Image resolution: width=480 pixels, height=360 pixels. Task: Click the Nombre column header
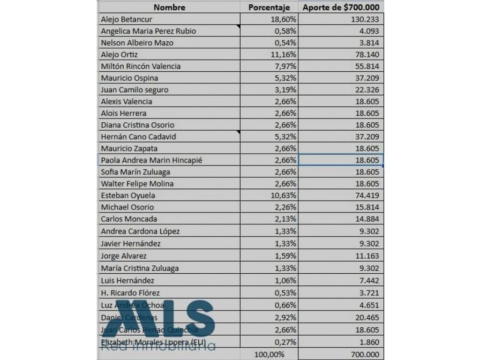(170, 7)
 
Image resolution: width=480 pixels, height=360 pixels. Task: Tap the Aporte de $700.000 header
(341, 7)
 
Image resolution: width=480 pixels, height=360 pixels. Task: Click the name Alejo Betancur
(127, 19)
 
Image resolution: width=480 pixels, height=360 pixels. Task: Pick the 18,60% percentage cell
(283, 19)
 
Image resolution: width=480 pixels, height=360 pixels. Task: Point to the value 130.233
(364, 19)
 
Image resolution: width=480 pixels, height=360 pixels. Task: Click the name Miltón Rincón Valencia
(141, 66)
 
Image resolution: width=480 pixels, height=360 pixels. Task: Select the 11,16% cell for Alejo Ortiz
(283, 54)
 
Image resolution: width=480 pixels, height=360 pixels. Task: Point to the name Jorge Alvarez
(124, 256)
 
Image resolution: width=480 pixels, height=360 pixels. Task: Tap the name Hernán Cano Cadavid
(135, 136)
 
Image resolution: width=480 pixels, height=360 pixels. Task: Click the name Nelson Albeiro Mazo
(137, 43)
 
